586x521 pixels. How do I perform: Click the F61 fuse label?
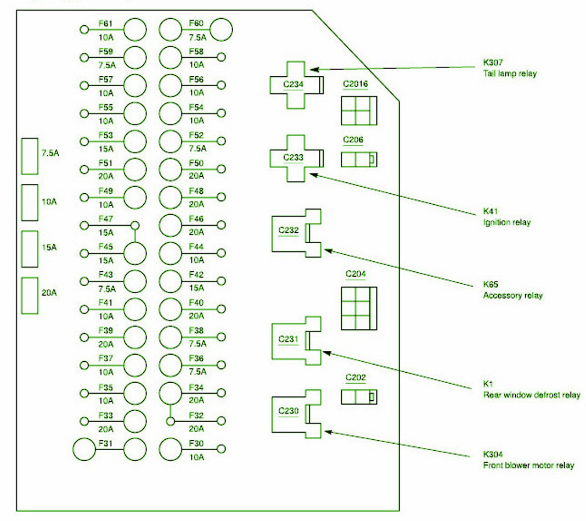(x=105, y=24)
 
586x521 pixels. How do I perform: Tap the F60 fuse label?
(x=196, y=23)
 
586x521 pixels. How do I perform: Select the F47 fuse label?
(x=105, y=219)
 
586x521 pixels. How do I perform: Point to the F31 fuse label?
(x=105, y=443)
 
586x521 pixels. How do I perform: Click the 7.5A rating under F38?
(x=198, y=344)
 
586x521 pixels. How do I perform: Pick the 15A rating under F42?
(x=196, y=288)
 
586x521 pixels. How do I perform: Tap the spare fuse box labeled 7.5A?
(x=30, y=156)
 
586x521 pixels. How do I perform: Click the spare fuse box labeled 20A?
(x=30, y=295)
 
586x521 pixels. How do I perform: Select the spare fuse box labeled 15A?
(x=30, y=249)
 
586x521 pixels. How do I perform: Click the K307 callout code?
(x=493, y=63)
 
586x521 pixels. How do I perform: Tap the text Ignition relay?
(x=507, y=222)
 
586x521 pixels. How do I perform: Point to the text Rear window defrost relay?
(x=532, y=395)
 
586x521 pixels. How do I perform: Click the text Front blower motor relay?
(x=528, y=465)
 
